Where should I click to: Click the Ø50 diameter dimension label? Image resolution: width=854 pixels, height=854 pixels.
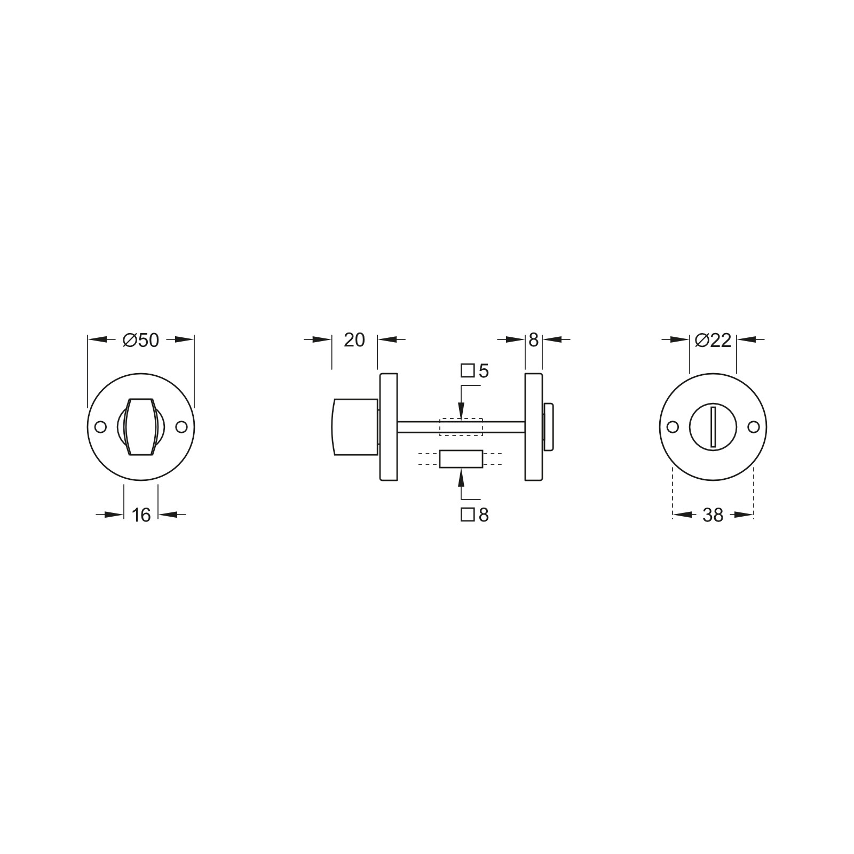point(141,340)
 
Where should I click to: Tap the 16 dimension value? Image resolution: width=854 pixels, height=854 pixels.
point(141,515)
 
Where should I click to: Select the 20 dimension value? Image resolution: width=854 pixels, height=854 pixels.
point(354,339)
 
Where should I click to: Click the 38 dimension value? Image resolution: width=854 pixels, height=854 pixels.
point(713,515)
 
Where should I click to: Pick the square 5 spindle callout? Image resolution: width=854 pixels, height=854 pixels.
point(475,371)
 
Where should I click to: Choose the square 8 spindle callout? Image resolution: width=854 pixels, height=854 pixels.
point(475,515)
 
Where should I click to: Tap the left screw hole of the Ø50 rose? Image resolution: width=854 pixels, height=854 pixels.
point(100,427)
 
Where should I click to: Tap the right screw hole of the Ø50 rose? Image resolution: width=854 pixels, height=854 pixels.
point(182,427)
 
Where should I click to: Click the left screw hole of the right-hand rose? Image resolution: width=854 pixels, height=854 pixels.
point(673,427)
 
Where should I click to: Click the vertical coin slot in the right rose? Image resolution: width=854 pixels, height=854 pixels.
point(713,426)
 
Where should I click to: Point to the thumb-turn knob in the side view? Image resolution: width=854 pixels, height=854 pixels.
point(355,427)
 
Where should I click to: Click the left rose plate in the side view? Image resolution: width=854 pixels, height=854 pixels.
point(389,427)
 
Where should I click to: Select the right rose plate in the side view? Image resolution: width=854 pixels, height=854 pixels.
point(533,427)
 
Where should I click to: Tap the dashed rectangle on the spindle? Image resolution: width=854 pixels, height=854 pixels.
point(461,427)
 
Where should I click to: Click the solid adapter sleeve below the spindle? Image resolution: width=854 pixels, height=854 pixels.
point(461,459)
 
